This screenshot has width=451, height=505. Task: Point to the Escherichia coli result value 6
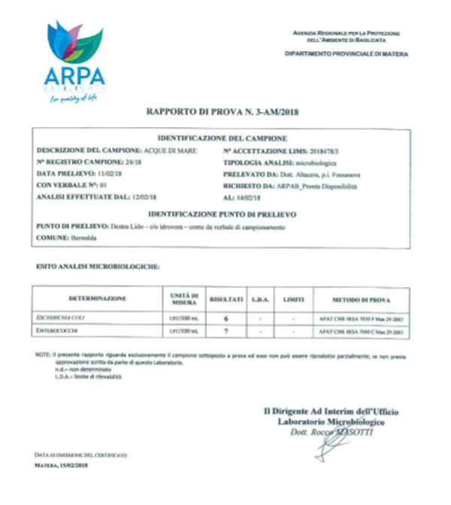[225, 319]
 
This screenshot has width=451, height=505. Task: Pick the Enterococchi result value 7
[225, 331]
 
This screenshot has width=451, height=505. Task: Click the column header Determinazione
[98, 299]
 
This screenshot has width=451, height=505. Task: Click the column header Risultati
[225, 299]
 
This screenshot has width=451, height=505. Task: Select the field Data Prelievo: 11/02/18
[79, 173]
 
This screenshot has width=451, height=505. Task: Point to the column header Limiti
[292, 299]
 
